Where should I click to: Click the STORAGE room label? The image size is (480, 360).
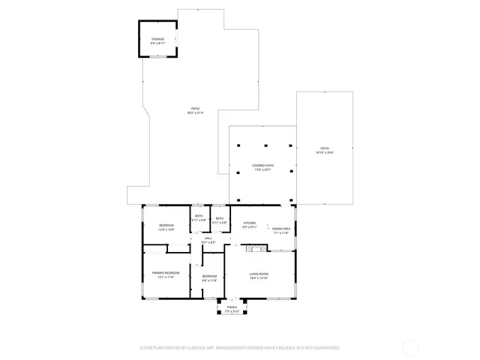tap(157, 38)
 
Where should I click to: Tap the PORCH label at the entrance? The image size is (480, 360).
tap(232, 307)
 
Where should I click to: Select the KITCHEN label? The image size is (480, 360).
tap(250, 223)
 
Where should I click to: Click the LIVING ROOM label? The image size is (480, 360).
tap(259, 274)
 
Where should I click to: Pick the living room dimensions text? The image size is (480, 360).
tap(259, 278)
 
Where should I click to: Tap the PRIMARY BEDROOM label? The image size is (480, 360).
tap(166, 273)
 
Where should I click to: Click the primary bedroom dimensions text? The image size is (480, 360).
tap(166, 277)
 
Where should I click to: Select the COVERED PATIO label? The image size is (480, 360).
tap(262, 165)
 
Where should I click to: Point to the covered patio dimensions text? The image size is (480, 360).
tap(262, 169)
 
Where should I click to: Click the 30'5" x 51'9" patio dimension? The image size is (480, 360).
tap(195, 113)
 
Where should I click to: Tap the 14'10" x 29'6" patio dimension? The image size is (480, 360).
tap(325, 152)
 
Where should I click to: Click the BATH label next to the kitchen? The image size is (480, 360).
tap(219, 218)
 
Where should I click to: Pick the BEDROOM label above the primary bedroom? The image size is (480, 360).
tap(166, 225)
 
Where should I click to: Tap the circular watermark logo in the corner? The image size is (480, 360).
tap(410, 347)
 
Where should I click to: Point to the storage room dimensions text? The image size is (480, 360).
tap(157, 43)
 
